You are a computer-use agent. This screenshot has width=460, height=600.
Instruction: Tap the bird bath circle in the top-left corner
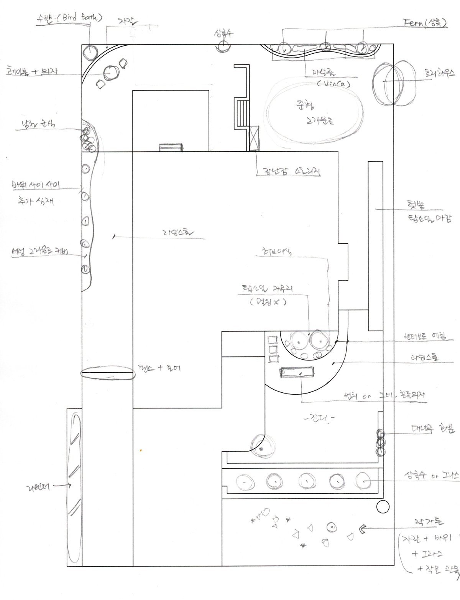(x=90, y=51)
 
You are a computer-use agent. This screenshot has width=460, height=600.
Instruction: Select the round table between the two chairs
(x=111, y=73)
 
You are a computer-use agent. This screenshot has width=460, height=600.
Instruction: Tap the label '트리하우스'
(x=439, y=72)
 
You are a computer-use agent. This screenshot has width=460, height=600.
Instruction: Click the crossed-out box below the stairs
(x=254, y=138)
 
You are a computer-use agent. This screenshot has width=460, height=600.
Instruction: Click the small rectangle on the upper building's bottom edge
(x=171, y=147)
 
